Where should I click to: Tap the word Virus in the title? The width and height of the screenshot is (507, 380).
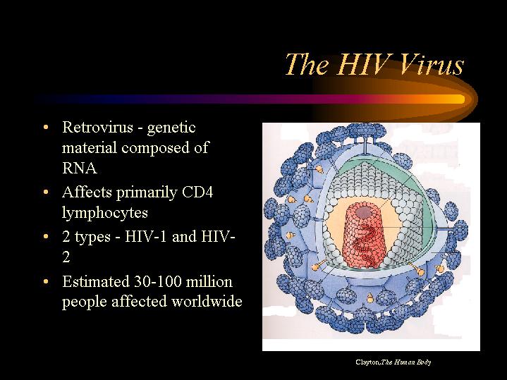pos(430,64)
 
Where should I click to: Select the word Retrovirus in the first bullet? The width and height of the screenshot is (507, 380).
pos(97,127)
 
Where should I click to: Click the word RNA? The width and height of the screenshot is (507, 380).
pos(80,168)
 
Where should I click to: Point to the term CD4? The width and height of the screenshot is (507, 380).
pos(197,192)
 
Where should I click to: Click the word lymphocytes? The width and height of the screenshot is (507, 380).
pos(105,213)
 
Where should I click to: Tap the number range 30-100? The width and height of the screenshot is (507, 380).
pos(158,281)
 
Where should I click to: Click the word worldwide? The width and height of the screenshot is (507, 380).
pos(207,301)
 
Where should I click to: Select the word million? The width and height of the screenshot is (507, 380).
pos(209,281)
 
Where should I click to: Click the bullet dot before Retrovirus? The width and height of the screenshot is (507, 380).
pos(46,127)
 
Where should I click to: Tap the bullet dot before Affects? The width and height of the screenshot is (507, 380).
pos(46,192)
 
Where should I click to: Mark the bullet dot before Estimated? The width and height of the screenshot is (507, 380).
pos(46,281)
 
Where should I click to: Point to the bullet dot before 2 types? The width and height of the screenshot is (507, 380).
pos(46,236)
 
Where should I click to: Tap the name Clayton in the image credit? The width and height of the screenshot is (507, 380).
pos(367,362)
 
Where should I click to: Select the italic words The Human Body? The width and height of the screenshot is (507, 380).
pos(406,362)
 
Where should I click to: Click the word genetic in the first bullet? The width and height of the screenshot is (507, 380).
pos(171,128)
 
